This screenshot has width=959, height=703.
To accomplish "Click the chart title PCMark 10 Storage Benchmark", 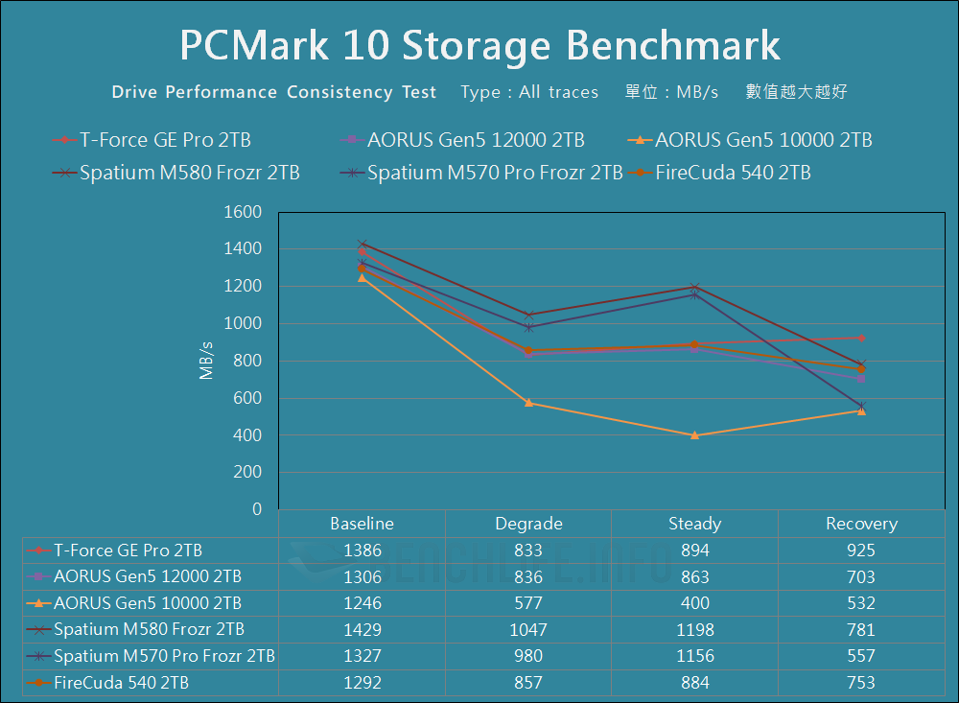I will pyautogui.click(x=479, y=45).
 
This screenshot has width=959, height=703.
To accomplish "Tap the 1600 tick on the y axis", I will pyautogui.click(x=242, y=212).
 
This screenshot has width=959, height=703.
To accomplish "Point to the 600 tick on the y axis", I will pyautogui.click(x=248, y=398).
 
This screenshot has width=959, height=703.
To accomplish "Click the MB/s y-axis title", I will pyautogui.click(x=206, y=361).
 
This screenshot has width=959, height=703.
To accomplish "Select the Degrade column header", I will pyautogui.click(x=528, y=524).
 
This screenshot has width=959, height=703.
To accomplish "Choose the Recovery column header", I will pyautogui.click(x=861, y=524).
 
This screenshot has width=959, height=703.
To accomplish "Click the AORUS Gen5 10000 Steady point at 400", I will pyautogui.click(x=694, y=435).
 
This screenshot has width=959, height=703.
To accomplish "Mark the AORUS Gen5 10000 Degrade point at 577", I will pyautogui.click(x=528, y=403).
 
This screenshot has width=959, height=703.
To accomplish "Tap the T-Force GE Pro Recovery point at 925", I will pyautogui.click(x=861, y=338).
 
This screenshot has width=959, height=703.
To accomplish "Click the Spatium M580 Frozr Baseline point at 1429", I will pyautogui.click(x=362, y=244).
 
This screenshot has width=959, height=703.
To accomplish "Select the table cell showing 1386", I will pyautogui.click(x=362, y=551).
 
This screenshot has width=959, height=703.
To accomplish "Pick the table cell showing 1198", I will pyautogui.click(x=694, y=629).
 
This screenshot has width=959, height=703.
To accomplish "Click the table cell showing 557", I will pyautogui.click(x=861, y=656).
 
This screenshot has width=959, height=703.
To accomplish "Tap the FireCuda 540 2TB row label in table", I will pyautogui.click(x=121, y=683).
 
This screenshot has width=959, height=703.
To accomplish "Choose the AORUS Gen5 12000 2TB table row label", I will pyautogui.click(x=147, y=576).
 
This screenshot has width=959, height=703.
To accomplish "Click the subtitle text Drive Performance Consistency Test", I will pyautogui.click(x=274, y=93).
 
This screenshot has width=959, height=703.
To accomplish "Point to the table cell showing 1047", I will pyautogui.click(x=528, y=629).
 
